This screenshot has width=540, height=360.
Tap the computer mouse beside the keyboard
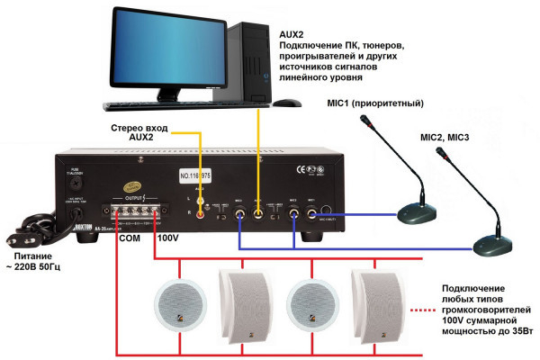tap(286, 103)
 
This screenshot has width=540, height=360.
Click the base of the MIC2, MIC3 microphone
tap(493, 243)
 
